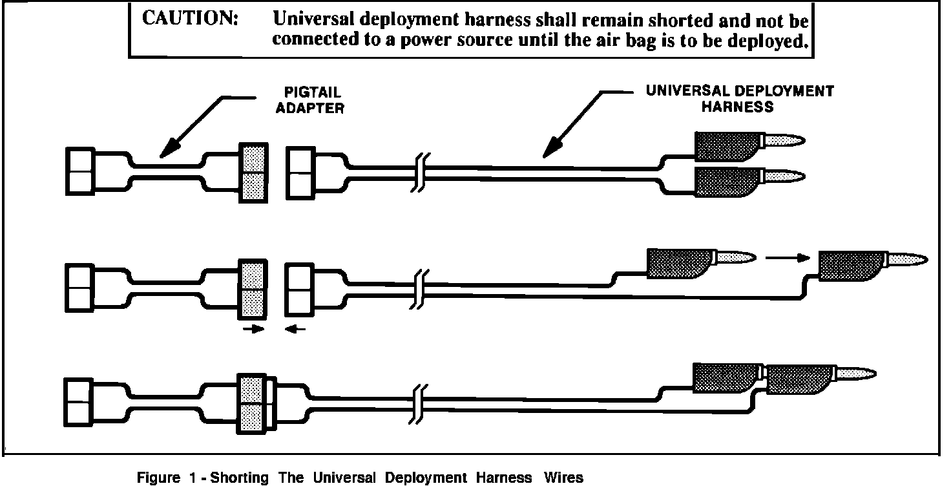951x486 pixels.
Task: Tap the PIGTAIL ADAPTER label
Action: point(309,100)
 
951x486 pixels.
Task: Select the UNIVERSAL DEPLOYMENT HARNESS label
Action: point(739,98)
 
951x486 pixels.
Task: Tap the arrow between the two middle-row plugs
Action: point(787,257)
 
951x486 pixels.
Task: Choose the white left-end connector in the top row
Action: point(80,171)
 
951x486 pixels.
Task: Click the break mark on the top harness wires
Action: point(420,173)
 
